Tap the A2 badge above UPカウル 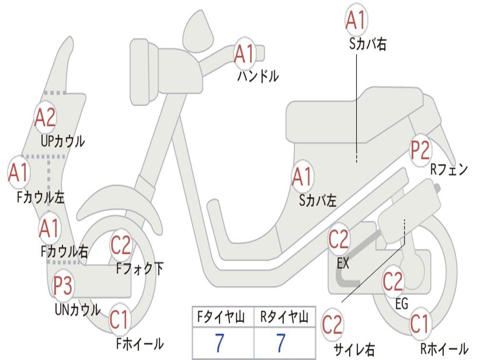point(45,118)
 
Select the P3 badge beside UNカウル point(62,285)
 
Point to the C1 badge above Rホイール point(420,323)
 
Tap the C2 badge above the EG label point(393,281)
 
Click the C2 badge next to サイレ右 point(332,324)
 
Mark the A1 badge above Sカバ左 point(302,177)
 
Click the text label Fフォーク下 point(140,269)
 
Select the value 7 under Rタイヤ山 point(281,344)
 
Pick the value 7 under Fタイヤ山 point(220,344)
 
